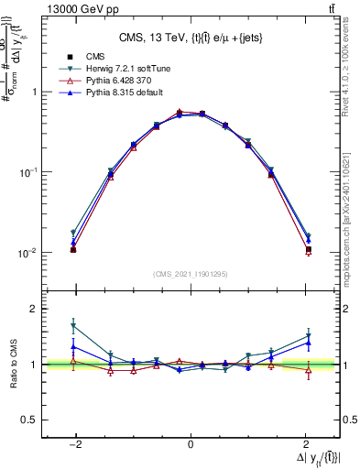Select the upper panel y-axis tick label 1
[x=33, y=92]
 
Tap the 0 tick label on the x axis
[x=190, y=445]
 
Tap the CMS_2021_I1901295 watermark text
[x=190, y=274]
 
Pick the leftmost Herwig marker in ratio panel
[x=73, y=325]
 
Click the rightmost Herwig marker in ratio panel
[x=308, y=335]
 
